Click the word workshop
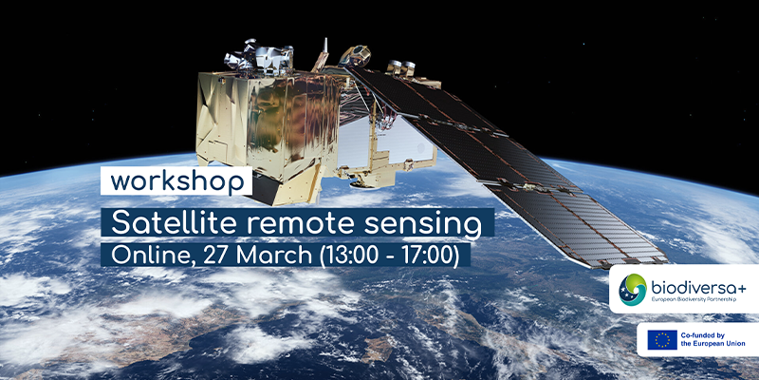click(x=176, y=181)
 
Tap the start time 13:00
click(x=348, y=256)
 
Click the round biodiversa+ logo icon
click(x=632, y=290)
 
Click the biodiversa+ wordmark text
click(x=698, y=289)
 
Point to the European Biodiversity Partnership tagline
click(x=694, y=300)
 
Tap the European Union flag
click(x=662, y=340)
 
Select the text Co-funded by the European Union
click(x=713, y=339)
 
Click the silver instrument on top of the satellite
click(x=258, y=58)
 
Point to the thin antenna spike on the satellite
click(x=325, y=46)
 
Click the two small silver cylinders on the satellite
click(x=401, y=67)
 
